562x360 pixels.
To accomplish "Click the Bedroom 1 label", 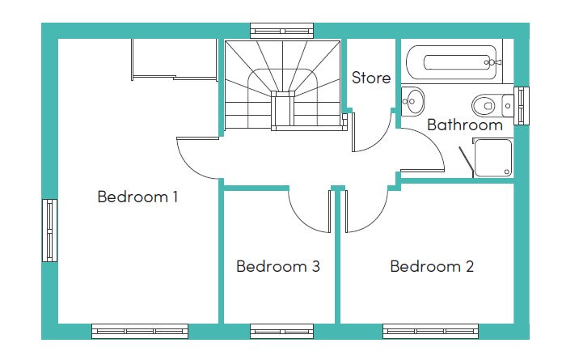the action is pos(137,197).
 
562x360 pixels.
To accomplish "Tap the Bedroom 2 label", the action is pos(432,266).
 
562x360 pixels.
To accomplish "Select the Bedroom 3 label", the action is pos(278,266).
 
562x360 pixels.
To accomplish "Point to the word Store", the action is pos(371,78).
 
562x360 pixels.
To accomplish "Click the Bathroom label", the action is pos(465,125).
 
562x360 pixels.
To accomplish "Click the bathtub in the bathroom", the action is pos(451,62).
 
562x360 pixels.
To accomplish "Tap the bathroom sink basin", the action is pos(412,101).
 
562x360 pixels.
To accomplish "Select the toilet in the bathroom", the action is pos(492,105).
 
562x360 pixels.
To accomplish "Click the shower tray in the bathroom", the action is pos(493,158).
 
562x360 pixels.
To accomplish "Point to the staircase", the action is pos(283,85).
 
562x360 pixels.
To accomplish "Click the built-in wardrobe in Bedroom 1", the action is pos(174,60).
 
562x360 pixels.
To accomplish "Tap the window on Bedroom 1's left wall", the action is pos(49,231).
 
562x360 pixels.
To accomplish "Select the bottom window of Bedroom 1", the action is pos(140,332).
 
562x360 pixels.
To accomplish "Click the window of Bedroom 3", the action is pos(281,332).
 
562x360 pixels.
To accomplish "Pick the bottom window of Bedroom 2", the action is pos(430,332).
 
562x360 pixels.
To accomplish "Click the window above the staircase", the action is pos(281,31).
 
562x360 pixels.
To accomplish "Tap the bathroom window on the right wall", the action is pos(522,106).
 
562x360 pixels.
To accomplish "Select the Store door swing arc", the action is pos(380,140).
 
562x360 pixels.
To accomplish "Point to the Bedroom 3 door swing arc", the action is pos(301,219).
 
